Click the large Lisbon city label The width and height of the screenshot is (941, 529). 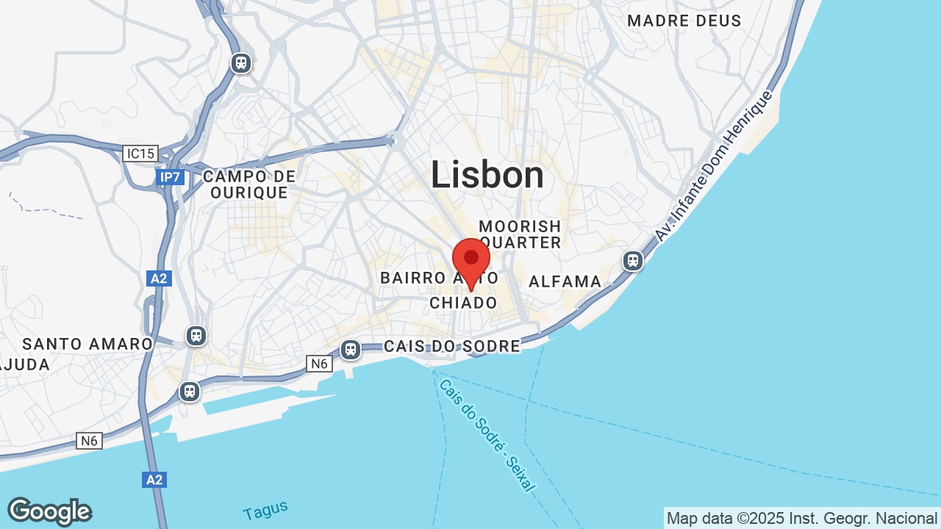[x=487, y=176]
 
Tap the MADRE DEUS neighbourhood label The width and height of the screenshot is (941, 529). [x=684, y=21]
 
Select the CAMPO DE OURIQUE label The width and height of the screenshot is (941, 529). [x=249, y=184]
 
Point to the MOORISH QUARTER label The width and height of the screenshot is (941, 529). [x=520, y=234]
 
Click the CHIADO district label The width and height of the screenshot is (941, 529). [x=463, y=303]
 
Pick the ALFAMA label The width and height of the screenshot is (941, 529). [x=565, y=281]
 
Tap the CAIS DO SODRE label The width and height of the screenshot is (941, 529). [x=451, y=346]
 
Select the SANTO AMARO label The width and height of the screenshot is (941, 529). [x=87, y=344]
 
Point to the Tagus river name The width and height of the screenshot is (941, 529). [x=265, y=510]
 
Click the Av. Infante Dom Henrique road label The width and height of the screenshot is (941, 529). [x=714, y=166]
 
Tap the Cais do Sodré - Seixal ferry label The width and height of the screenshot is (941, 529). [x=487, y=435]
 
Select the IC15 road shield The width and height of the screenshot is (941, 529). [x=140, y=154]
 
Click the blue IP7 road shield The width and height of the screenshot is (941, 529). [x=168, y=177]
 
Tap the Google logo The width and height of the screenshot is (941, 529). [x=49, y=511]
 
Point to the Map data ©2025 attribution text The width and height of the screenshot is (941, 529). [x=801, y=518]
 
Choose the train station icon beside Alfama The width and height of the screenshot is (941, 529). [x=632, y=261]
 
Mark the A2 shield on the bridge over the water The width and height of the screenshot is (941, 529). [x=154, y=480]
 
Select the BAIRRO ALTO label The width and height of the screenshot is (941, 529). [x=439, y=278]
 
